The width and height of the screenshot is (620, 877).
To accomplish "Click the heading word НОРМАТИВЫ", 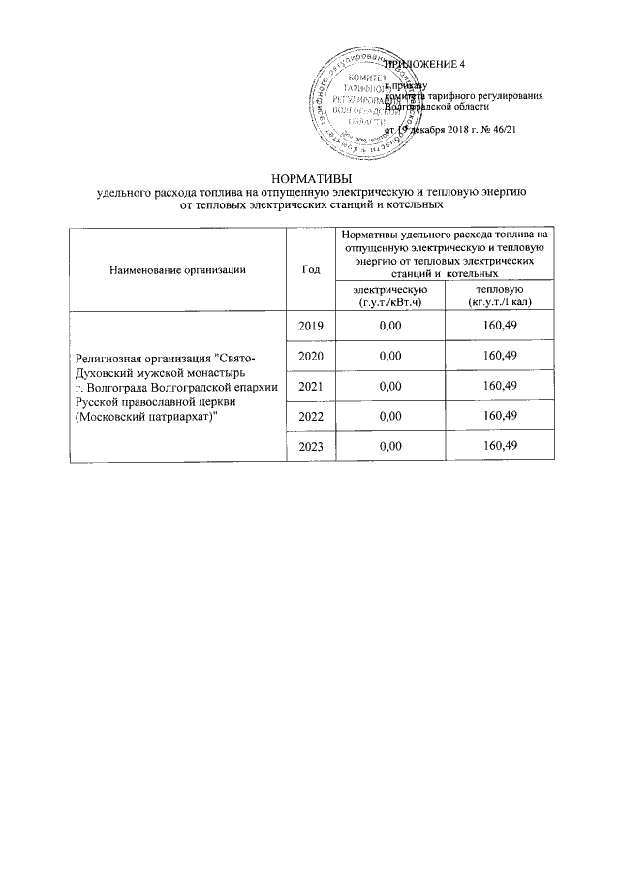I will pos(310,178).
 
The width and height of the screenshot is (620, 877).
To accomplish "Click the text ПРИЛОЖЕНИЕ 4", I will pos(426,64).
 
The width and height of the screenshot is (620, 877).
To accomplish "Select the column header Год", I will pos(310,268).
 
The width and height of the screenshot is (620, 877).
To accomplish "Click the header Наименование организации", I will pos(178,268).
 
